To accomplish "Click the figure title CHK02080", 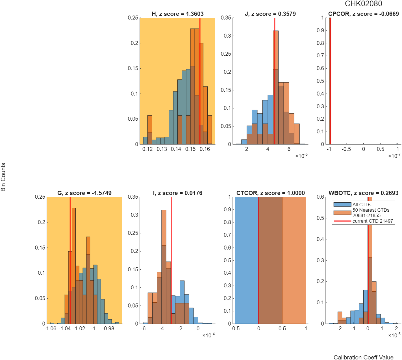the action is (363, 4).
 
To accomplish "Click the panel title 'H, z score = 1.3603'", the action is (177, 14).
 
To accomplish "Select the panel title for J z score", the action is (270, 14).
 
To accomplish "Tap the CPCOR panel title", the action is (363, 14).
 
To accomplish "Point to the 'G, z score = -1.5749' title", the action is (84, 193).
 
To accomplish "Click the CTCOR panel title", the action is (270, 193).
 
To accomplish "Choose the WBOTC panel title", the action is (363, 193).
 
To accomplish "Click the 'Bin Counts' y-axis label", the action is (3, 177).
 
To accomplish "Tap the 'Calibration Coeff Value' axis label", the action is (363, 357).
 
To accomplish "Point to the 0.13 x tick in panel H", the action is (162, 149).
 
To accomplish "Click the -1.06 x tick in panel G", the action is (50, 328).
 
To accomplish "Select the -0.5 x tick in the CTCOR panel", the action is (235, 328).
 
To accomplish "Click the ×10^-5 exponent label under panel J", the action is (301, 156).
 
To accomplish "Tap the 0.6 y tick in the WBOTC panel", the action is (320, 197).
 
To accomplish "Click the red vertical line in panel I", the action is (171, 260).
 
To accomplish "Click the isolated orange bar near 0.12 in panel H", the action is (150, 130).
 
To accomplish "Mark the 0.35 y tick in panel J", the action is (226, 18).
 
